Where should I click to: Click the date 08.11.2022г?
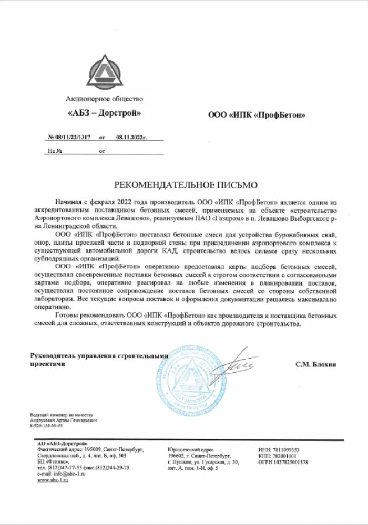(x=131, y=136)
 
